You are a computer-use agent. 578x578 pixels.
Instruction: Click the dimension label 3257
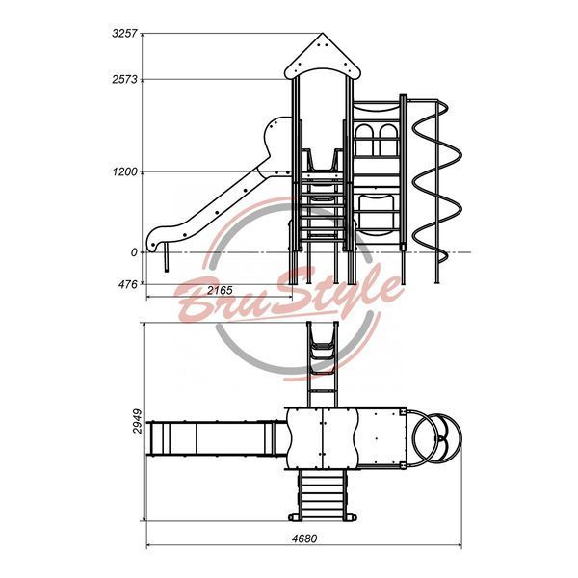point(124,34)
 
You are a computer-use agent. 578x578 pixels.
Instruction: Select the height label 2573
point(124,79)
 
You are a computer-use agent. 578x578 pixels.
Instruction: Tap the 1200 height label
point(125,171)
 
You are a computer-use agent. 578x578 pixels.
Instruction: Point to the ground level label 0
point(134,252)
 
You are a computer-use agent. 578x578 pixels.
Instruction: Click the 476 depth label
point(127,284)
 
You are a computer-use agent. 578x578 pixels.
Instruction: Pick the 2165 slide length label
point(220,291)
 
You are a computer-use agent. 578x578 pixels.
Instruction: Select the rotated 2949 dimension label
point(138,421)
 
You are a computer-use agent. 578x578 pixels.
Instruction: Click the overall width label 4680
point(304,539)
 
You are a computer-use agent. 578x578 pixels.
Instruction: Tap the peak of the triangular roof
point(323,33)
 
